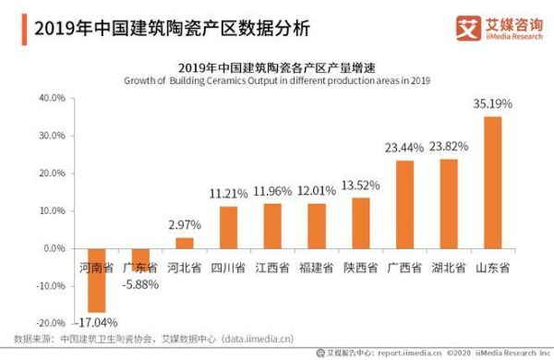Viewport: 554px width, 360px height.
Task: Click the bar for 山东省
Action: [x=493, y=182]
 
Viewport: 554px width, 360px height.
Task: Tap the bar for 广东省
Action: [x=139, y=259]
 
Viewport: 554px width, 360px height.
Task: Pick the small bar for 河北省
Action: [x=184, y=243]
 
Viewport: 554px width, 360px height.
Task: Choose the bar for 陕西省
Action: [x=360, y=222]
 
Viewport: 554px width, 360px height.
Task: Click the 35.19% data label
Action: [x=493, y=103]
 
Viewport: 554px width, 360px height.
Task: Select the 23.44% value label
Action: [x=404, y=148]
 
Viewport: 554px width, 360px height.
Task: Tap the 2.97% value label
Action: [x=184, y=226]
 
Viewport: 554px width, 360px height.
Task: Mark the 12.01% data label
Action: [x=317, y=191]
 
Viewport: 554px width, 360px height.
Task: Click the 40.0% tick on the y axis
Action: [x=52, y=98]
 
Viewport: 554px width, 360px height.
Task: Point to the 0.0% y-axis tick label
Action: [x=54, y=248]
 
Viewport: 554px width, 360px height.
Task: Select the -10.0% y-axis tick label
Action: [x=50, y=286]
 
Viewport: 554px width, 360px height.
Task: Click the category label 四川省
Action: [x=227, y=269]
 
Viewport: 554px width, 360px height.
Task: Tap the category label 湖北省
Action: [x=449, y=269]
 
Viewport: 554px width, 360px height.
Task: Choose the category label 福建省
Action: [x=317, y=269]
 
